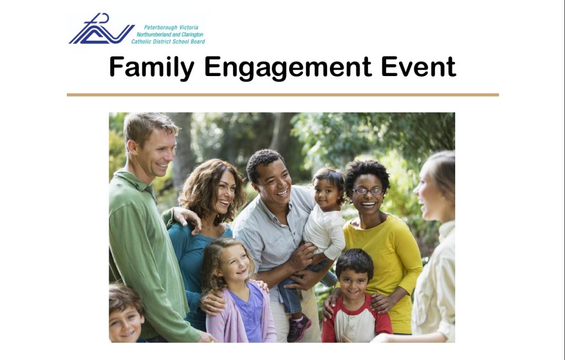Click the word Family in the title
click(x=152, y=68)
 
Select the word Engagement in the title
click(x=288, y=68)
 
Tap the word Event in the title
click(x=418, y=67)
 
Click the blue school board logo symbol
click(x=102, y=29)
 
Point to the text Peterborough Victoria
click(x=171, y=28)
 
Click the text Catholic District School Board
click(x=168, y=41)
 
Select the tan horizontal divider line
click(x=283, y=95)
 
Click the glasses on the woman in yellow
click(x=368, y=191)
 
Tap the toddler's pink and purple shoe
click(x=299, y=327)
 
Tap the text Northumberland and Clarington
click(x=170, y=35)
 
